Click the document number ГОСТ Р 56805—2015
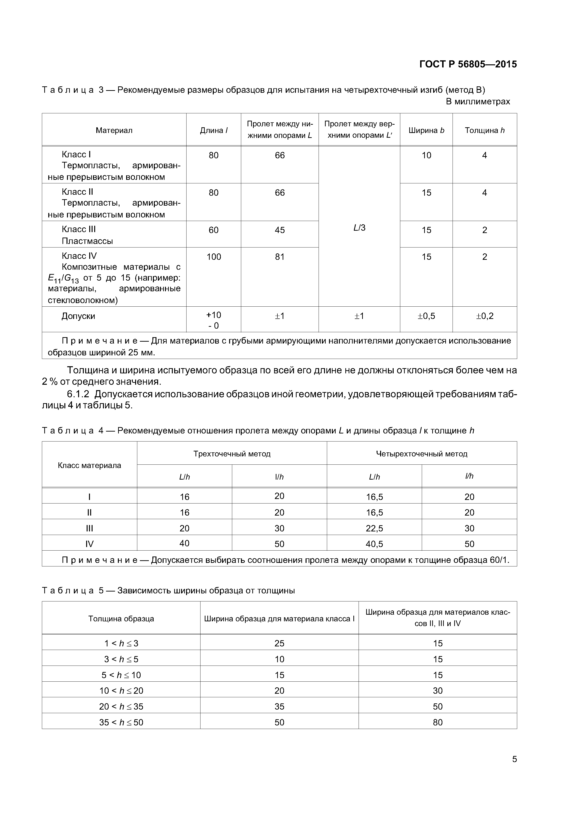[x=468, y=64]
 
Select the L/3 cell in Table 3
[x=359, y=228]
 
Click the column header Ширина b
[x=427, y=131]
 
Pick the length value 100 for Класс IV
[x=213, y=257]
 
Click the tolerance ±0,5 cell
[x=427, y=316]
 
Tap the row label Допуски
[x=78, y=316]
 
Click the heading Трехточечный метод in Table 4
[x=232, y=454]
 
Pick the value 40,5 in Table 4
[x=374, y=544]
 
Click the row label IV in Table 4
[x=89, y=544]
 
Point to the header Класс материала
[x=89, y=465]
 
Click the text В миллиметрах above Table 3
[x=477, y=102]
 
